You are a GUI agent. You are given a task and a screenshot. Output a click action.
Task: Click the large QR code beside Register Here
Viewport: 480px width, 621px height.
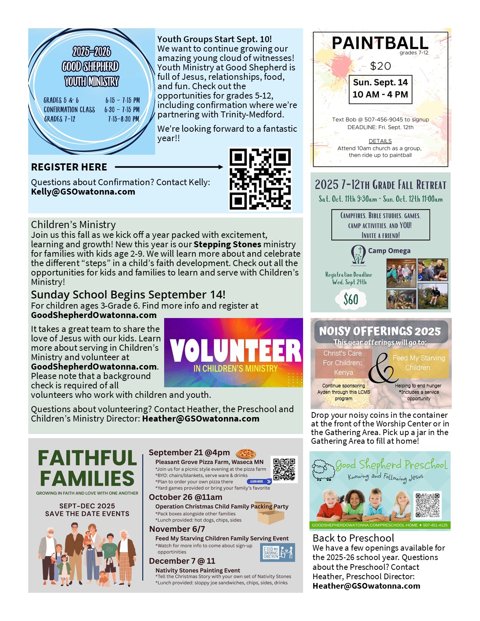tap(260, 179)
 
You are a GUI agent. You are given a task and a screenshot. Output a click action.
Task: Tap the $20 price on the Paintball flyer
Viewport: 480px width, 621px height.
tap(380, 66)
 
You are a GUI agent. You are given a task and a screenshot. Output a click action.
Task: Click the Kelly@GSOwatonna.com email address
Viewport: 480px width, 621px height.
tap(83, 192)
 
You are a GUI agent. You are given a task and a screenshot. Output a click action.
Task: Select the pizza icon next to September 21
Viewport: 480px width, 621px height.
tap(246, 454)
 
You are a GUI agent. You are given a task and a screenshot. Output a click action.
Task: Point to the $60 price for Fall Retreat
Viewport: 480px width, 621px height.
tap(351, 300)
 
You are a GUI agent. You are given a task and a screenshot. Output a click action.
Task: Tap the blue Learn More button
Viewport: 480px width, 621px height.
tap(259, 481)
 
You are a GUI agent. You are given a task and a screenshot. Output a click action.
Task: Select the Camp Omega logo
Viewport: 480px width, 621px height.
tap(358, 254)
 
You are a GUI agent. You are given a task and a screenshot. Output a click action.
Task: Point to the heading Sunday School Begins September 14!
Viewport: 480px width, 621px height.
tap(128, 295)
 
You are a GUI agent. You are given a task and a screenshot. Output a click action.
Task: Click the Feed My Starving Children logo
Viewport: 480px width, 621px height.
tap(278, 552)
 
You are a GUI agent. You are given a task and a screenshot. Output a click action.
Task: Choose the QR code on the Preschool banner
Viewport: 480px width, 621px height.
tap(428, 505)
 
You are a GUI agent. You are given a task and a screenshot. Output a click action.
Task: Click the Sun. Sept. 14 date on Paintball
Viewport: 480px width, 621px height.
tap(380, 82)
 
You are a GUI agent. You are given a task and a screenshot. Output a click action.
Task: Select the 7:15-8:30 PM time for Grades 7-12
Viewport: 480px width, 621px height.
tap(123, 119)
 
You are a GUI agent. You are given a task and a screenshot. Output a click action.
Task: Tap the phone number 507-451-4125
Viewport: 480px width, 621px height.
tap(435, 525)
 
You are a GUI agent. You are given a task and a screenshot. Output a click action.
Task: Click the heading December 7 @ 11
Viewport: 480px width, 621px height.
tap(182, 561)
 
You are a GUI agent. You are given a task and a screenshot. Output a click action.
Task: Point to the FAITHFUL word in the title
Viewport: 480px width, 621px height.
tap(87, 458)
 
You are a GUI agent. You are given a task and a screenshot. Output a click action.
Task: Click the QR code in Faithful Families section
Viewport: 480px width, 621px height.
tap(284, 469)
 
